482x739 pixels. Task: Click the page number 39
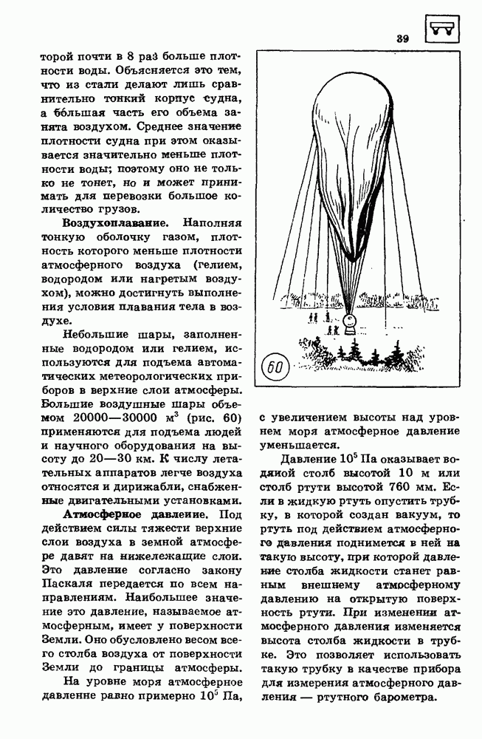(402, 38)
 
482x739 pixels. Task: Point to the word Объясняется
(159, 73)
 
